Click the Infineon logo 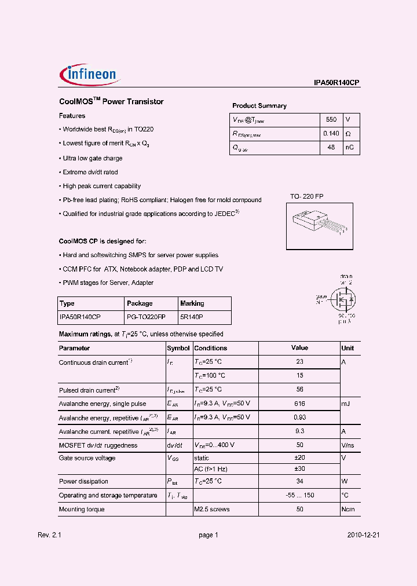coord(89,74)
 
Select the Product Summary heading coord(259,106)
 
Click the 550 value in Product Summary coord(331,120)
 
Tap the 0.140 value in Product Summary coord(331,134)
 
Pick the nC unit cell coord(351,148)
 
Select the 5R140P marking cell coord(192,317)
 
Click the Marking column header coord(192,303)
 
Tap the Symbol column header coord(178,348)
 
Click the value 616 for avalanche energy coord(299,404)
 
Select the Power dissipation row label coord(83,481)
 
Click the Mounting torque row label coord(82,509)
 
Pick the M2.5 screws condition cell coord(212,509)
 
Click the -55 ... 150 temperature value coord(299,495)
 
